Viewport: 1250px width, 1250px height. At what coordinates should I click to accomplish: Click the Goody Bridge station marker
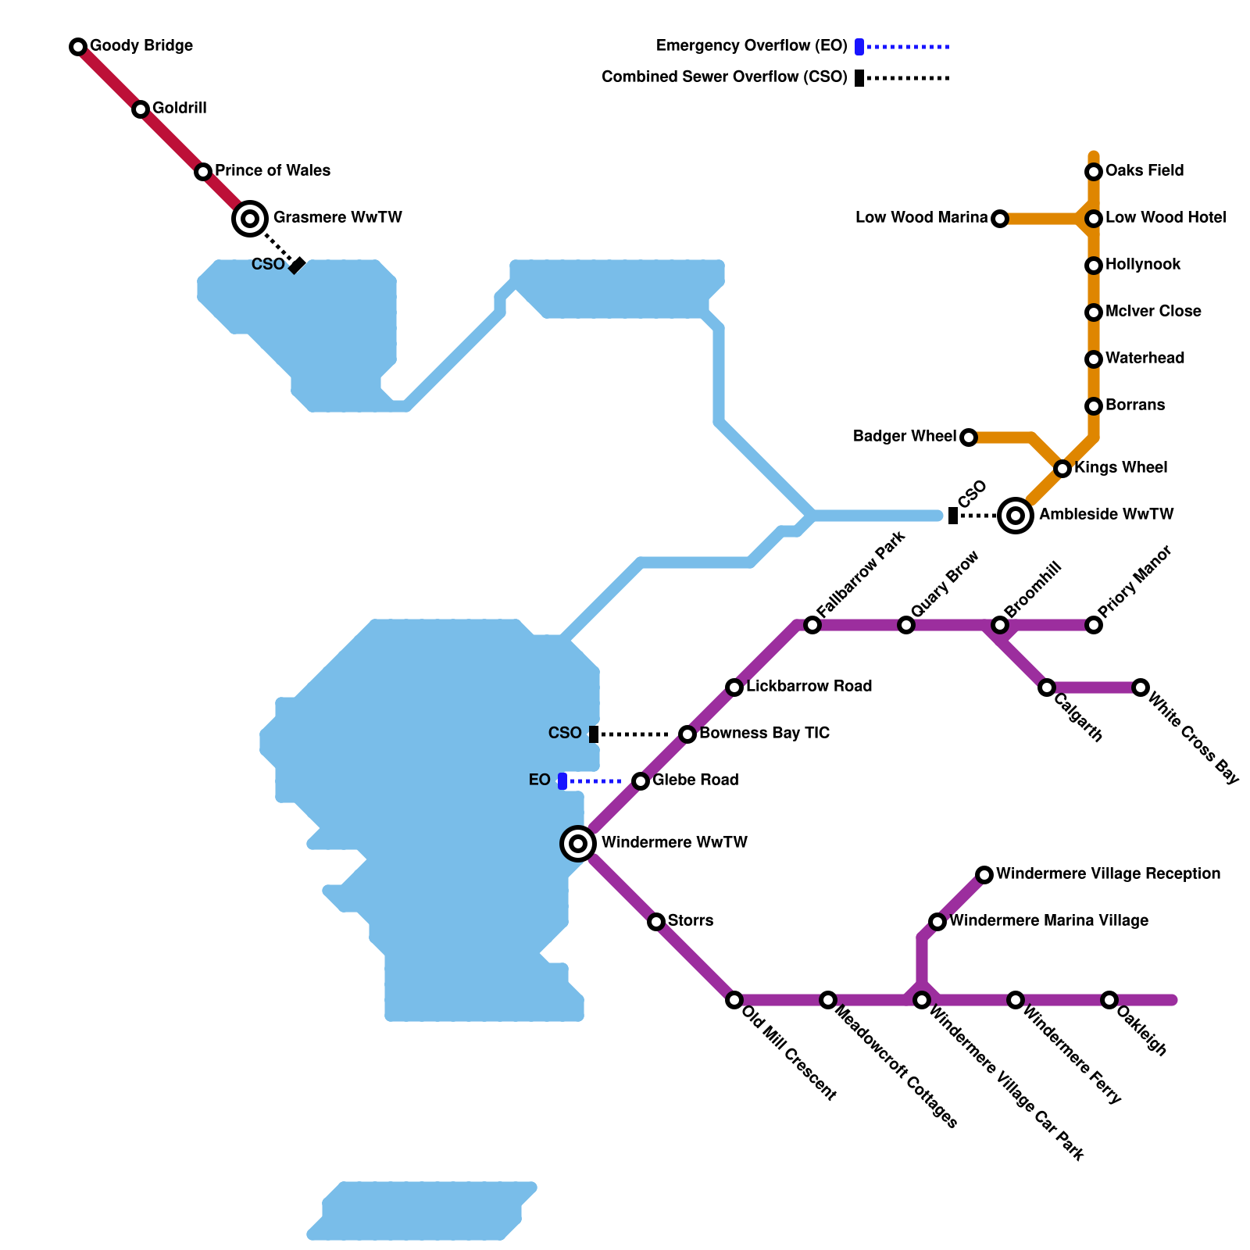pos(78,47)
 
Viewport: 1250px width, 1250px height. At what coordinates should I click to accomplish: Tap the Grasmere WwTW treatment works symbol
pos(250,219)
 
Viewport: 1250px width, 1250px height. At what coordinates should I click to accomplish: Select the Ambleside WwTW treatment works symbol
pos(1016,516)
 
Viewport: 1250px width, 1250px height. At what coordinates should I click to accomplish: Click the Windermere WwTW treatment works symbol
pos(578,844)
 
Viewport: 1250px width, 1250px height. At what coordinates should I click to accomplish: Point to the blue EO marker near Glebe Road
pos(562,781)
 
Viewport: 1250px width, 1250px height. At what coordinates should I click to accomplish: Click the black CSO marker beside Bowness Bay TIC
pos(594,734)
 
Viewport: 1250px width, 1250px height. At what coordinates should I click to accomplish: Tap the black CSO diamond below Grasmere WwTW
pos(297,266)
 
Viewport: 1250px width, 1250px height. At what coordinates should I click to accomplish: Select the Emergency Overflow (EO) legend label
pos(752,46)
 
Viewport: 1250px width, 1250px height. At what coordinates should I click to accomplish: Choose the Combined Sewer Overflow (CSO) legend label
pos(724,77)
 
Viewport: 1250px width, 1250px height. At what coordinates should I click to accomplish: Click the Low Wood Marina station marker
pos(1000,219)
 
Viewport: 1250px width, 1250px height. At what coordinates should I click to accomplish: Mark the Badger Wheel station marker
pos(969,437)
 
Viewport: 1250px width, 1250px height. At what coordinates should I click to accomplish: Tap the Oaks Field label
pos(1145,171)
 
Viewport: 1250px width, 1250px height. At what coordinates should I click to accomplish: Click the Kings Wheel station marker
pos(1062,469)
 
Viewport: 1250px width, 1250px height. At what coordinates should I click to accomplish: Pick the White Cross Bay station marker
pos(1141,687)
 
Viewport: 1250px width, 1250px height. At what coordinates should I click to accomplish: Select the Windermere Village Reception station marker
pos(984,875)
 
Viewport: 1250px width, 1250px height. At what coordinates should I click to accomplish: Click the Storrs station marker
pos(656,922)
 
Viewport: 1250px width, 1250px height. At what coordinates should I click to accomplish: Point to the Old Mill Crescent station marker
pos(734,1000)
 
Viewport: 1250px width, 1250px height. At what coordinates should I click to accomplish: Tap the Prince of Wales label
pos(273,171)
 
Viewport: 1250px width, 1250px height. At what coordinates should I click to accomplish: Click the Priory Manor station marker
pos(1094,625)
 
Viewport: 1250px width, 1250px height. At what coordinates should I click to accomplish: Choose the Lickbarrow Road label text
pos(809,687)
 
